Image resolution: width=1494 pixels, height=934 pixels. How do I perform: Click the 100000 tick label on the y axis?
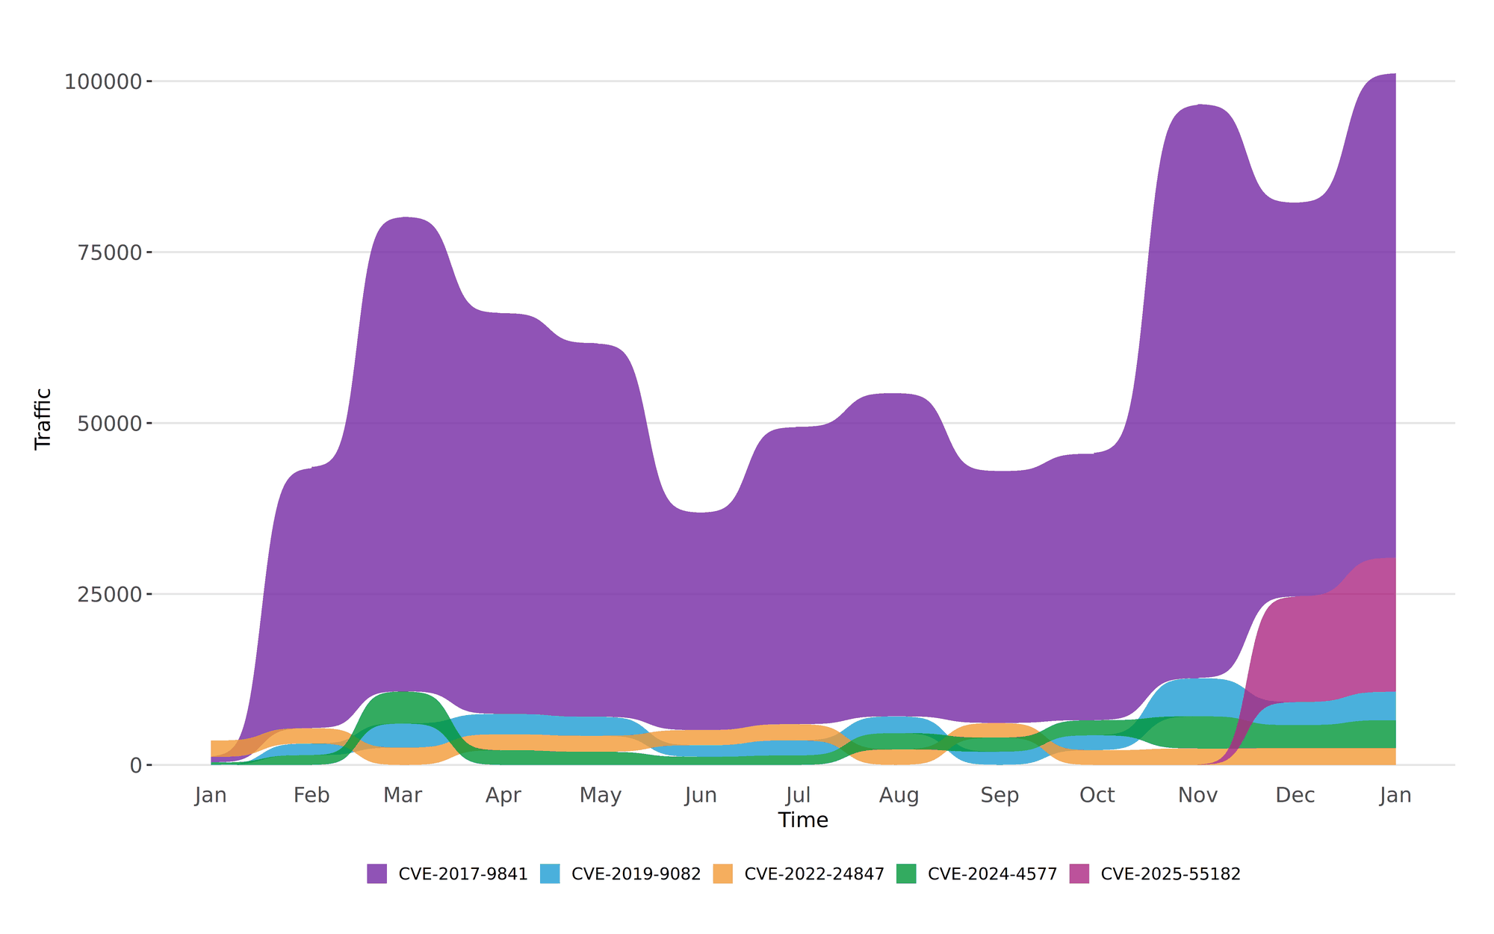(x=103, y=81)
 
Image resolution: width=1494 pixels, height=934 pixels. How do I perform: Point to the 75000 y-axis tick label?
(x=110, y=253)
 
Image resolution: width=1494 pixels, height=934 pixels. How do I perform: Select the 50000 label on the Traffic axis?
(x=110, y=424)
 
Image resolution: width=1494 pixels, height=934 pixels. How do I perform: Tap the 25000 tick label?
(x=110, y=595)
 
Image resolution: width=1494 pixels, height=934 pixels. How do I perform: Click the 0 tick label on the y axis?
(x=136, y=766)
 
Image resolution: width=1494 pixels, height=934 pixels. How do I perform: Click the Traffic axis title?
(x=43, y=418)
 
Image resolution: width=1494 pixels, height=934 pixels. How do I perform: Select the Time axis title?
(x=803, y=820)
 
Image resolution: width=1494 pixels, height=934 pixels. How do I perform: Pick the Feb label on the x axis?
(x=311, y=795)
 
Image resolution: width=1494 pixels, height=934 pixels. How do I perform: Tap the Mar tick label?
(x=403, y=795)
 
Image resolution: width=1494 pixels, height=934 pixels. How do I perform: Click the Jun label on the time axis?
(x=701, y=795)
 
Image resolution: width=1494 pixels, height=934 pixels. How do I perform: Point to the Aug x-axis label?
(x=899, y=795)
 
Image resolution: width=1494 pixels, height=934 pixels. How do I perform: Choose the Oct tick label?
(x=1097, y=795)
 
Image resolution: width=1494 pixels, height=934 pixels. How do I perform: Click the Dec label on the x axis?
(x=1295, y=795)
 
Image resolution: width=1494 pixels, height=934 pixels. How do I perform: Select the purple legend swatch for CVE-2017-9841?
(x=376, y=873)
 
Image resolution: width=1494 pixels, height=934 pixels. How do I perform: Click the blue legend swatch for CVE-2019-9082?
(x=550, y=873)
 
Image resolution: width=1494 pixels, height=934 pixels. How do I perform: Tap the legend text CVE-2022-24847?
(x=814, y=873)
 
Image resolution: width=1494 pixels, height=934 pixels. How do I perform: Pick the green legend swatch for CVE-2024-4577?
(x=906, y=873)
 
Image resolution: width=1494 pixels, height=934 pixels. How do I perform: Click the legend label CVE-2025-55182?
(x=1171, y=873)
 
